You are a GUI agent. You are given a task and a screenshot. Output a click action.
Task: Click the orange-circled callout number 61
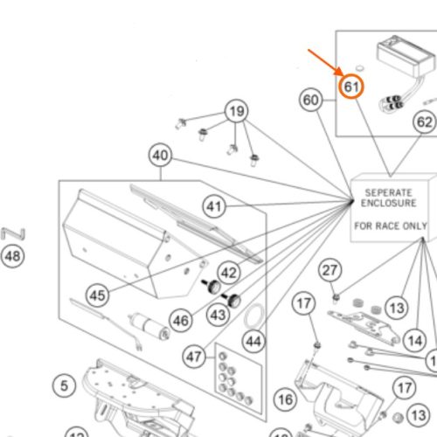click(x=351, y=87)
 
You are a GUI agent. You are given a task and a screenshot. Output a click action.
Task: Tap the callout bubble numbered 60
click(x=311, y=100)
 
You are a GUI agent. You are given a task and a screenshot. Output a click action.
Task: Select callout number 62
click(x=425, y=121)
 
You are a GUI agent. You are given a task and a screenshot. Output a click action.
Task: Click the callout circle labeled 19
click(x=237, y=111)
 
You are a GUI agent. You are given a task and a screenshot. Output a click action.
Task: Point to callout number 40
click(x=160, y=155)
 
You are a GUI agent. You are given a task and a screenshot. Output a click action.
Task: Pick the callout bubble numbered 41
click(x=214, y=206)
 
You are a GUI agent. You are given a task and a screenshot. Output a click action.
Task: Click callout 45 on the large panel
click(x=97, y=295)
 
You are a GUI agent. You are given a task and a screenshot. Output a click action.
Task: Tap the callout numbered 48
click(x=13, y=256)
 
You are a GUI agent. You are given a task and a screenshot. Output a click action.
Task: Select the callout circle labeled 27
click(x=329, y=270)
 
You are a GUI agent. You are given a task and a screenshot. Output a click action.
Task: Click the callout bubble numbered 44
click(x=253, y=341)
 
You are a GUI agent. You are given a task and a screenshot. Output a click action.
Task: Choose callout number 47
click(x=194, y=357)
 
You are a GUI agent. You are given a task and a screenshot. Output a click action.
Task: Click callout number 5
click(x=64, y=385)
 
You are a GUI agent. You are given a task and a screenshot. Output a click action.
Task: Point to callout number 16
click(x=285, y=399)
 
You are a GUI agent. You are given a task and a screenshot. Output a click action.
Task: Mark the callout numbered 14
click(x=415, y=340)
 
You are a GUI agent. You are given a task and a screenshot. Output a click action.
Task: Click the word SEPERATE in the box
click(x=389, y=192)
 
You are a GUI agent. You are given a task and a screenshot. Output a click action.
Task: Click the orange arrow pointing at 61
click(x=325, y=62)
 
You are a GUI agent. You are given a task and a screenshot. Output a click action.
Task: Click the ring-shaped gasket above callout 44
click(x=254, y=316)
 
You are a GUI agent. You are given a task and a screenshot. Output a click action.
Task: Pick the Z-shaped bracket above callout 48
click(x=13, y=234)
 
